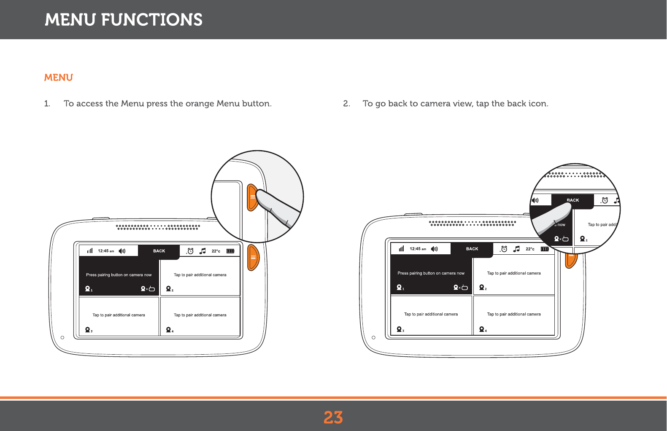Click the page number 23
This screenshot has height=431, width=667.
click(333, 418)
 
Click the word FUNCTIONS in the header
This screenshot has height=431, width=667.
click(151, 20)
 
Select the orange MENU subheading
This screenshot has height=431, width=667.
click(59, 78)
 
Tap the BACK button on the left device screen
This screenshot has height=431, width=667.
click(159, 251)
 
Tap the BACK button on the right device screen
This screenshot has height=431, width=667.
click(472, 249)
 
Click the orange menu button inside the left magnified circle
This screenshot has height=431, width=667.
click(252, 197)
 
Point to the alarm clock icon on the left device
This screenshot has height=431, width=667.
click(190, 251)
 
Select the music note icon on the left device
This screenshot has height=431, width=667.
click(203, 251)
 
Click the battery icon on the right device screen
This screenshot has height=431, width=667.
click(545, 249)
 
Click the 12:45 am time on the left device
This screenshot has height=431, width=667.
click(106, 251)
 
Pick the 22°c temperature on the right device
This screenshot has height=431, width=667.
click(530, 249)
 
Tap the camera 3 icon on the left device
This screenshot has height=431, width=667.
click(88, 330)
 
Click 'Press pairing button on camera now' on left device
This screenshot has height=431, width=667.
click(119, 275)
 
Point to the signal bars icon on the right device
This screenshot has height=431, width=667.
click(401, 249)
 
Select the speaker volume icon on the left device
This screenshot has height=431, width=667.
click(122, 251)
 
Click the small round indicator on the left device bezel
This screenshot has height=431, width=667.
click(62, 337)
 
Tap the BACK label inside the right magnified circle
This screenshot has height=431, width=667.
click(572, 200)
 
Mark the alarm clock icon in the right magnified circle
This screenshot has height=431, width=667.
click(605, 200)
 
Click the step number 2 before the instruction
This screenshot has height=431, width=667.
click(346, 104)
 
